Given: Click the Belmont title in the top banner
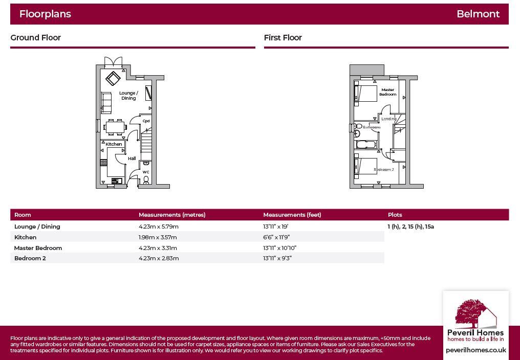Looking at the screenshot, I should pyautogui.click(x=478, y=14).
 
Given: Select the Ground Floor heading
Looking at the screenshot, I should pyautogui.click(x=35, y=38).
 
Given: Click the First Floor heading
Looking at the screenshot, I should pyautogui.click(x=283, y=38).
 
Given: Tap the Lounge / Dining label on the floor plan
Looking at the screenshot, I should pyautogui.click(x=128, y=96).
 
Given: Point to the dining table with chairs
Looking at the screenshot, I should pyautogui.click(x=115, y=126).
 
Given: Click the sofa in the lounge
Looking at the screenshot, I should pyautogui.click(x=106, y=102).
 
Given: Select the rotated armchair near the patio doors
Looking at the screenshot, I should pyautogui.click(x=113, y=78).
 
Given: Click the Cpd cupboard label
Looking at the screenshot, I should pyautogui.click(x=146, y=121).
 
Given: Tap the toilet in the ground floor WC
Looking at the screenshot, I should pyautogui.click(x=146, y=180).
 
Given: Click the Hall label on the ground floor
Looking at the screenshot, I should pyautogui.click(x=132, y=159).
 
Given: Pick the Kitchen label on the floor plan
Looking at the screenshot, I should pyautogui.click(x=114, y=144).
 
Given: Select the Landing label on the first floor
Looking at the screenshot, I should pyautogui.click(x=389, y=119).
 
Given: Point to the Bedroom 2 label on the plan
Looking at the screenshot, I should pyautogui.click(x=383, y=169).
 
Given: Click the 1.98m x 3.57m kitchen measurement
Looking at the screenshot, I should pyautogui.click(x=158, y=237).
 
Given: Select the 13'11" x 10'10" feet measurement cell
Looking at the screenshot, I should pyautogui.click(x=279, y=248).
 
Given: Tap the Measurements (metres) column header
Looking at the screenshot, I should pyautogui.click(x=172, y=215).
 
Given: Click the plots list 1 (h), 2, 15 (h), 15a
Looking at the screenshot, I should pyautogui.click(x=410, y=227).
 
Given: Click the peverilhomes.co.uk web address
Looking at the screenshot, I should pyautogui.click(x=475, y=350).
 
